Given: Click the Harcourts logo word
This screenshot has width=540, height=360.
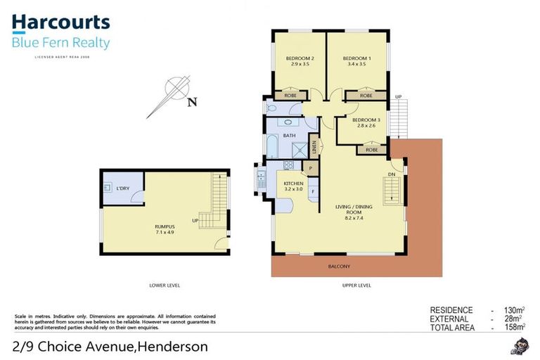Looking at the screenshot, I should pos(60,23).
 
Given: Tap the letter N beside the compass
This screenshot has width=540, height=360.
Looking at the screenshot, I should pos(192,102).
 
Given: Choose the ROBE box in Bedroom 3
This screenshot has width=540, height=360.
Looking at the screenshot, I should pos(371,149).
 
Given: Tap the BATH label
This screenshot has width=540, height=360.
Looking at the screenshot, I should pos(289,135).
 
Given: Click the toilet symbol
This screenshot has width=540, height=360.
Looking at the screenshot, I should pos(273,108).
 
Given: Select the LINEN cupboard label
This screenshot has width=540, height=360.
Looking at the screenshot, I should pos(316,148).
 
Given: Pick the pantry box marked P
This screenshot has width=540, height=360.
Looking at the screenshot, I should pos(310,169).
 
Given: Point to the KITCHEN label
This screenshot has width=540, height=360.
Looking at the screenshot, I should pos(293,184).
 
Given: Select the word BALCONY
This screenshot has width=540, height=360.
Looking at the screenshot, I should pos(339,266).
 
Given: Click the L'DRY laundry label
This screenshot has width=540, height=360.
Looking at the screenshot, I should pos(122,188).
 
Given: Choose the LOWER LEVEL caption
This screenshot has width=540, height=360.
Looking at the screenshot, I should pos(165,285).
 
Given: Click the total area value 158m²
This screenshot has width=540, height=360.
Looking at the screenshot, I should pos(511,326).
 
